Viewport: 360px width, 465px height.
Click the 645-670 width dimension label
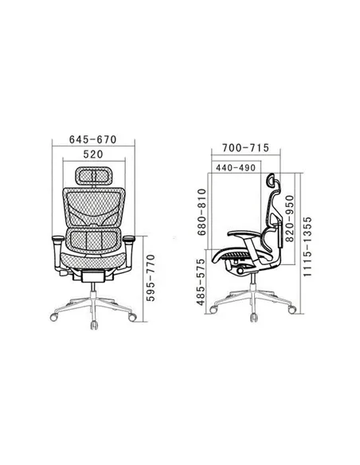pyautogui.click(x=93, y=139)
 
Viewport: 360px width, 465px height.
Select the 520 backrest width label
pyautogui.click(x=93, y=154)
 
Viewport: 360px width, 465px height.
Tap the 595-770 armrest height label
pyautogui.click(x=151, y=278)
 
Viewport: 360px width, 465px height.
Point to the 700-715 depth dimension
pyautogui.click(x=245, y=147)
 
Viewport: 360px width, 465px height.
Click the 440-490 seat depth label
pyautogui.click(x=236, y=168)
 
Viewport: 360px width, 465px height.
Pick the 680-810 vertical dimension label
pyautogui.click(x=202, y=212)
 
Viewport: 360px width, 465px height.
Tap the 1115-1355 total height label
pyautogui.click(x=307, y=247)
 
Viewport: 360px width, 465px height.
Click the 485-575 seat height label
pyautogui.click(x=201, y=282)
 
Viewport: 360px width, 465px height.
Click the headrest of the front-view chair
pyautogui.click(x=93, y=176)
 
